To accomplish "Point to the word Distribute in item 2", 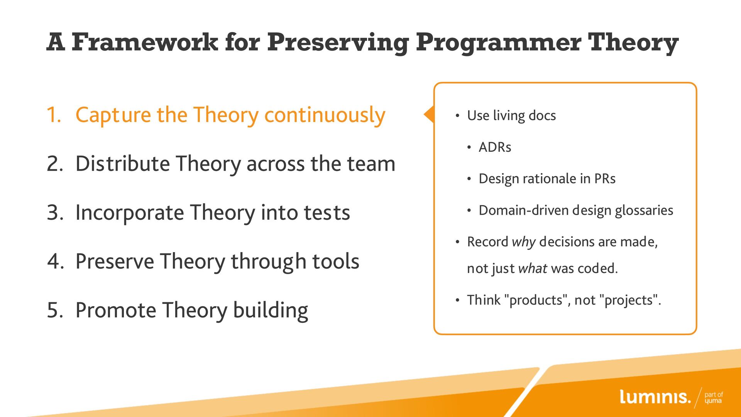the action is [x=122, y=163].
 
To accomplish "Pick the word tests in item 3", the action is [x=327, y=213].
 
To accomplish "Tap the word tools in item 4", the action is [x=335, y=261].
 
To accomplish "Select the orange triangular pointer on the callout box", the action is [x=429, y=114].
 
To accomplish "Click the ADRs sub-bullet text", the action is [x=495, y=147].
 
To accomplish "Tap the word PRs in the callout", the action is [x=605, y=178].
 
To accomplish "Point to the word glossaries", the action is [x=644, y=210].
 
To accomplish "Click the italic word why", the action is [x=524, y=242].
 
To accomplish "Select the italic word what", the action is [x=533, y=268].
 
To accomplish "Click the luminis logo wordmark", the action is [x=655, y=397].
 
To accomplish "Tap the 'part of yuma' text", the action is [x=714, y=398].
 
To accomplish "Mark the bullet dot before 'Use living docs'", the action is [x=457, y=116].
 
